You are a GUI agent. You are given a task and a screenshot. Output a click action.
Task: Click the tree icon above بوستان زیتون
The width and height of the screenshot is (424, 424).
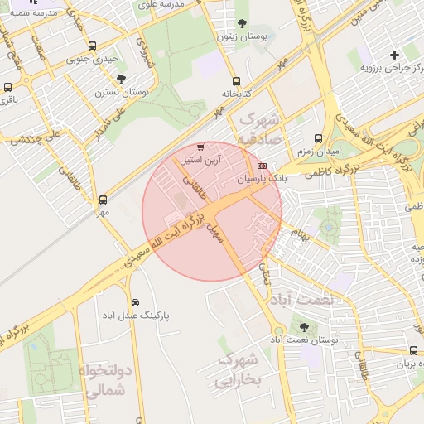[x=241, y=23]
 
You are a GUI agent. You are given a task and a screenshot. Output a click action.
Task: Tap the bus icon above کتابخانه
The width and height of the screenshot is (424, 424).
[x=237, y=81]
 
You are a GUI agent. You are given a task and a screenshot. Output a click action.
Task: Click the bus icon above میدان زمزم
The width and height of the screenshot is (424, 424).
[x=319, y=139]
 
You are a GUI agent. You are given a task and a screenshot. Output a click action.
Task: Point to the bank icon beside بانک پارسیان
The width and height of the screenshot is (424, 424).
[x=263, y=167]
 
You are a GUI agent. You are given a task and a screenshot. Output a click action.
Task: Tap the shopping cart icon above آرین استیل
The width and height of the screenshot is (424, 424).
[x=200, y=147]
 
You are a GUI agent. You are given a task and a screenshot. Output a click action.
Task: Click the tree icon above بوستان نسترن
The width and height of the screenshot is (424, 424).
[x=122, y=79]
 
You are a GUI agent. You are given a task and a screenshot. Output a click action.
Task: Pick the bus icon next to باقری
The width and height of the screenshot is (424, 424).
[x=8, y=87]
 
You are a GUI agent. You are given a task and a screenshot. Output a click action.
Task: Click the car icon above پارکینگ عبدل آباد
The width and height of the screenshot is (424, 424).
[x=136, y=303]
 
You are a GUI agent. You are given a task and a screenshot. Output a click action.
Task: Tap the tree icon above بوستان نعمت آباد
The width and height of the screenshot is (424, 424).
[x=304, y=327]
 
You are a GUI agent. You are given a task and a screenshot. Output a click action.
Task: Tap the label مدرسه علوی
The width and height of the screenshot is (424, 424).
[x=184, y=4]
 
